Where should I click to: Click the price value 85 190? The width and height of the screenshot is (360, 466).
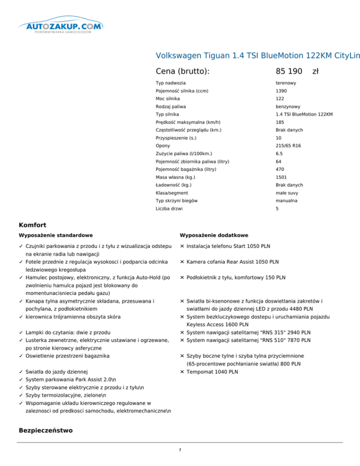[x=289, y=71]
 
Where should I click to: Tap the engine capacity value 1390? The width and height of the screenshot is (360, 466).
[x=282, y=91]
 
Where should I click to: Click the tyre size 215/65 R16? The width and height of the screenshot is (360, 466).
[x=288, y=146]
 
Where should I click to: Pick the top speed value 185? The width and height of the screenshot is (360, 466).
[x=280, y=122]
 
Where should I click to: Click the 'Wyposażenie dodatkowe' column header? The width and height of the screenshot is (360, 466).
[x=214, y=235]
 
